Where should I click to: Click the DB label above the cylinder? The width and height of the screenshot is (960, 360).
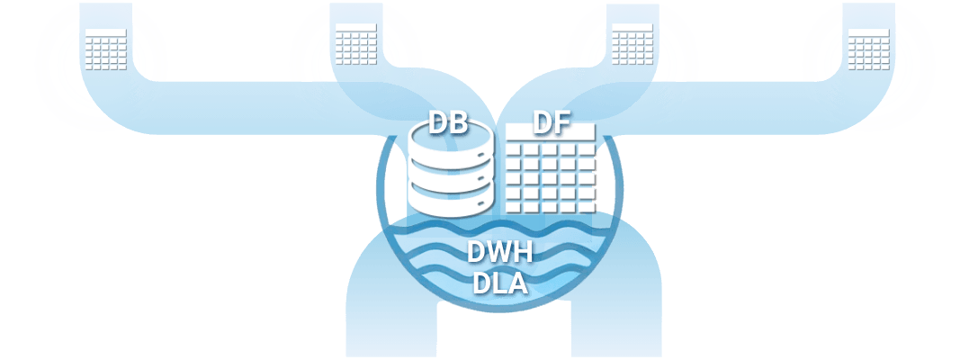click(447, 123)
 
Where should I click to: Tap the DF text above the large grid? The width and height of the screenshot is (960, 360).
click(552, 122)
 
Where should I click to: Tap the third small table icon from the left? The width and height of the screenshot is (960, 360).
click(631, 43)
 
